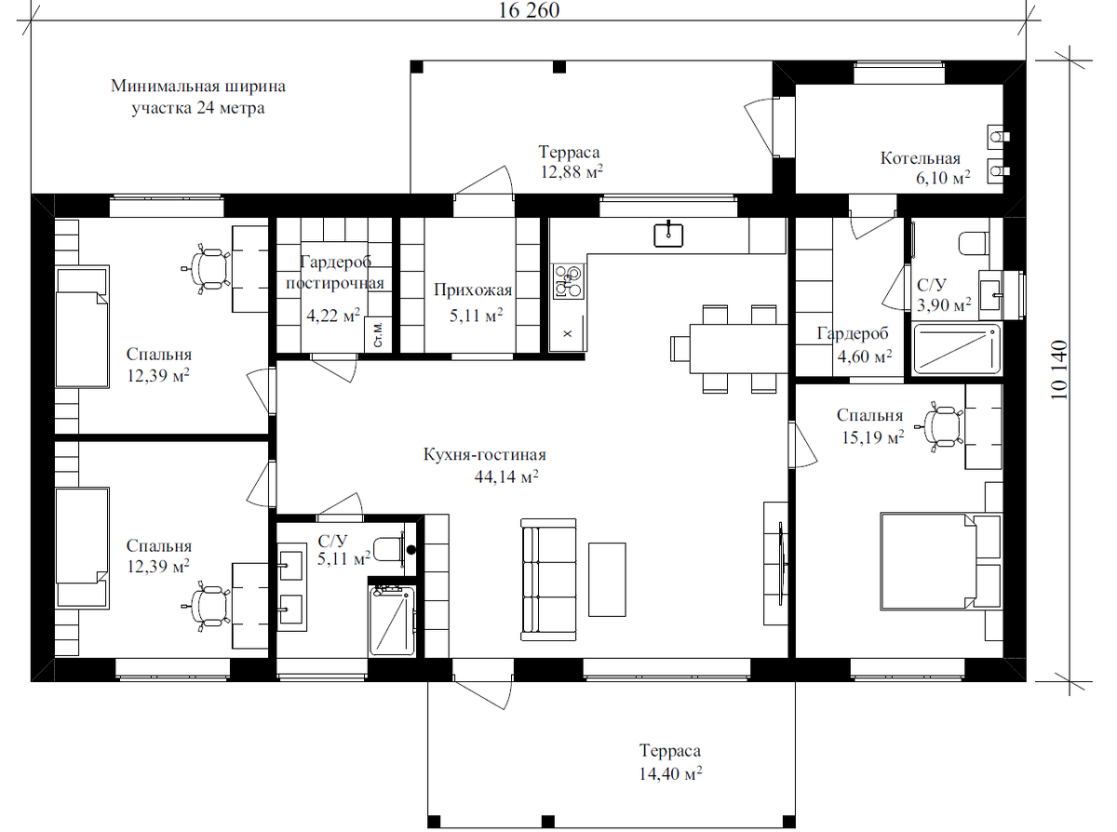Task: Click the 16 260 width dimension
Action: click(529, 10)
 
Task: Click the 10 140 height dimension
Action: click(1059, 370)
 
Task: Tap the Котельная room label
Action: click(920, 158)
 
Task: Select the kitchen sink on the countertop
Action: click(668, 235)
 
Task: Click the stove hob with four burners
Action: click(568, 281)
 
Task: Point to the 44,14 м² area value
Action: click(506, 476)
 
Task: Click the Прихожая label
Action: click(472, 289)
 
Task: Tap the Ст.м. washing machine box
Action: click(378, 335)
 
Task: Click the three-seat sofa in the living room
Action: click(548, 580)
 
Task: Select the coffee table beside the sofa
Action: click(607, 580)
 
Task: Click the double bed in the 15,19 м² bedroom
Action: click(928, 561)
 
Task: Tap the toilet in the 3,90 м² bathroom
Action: click(974, 244)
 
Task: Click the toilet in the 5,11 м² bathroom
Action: click(389, 549)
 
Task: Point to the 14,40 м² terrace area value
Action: click(670, 773)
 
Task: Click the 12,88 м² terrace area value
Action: click(572, 172)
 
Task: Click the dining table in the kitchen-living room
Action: click(738, 348)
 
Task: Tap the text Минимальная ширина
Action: click(198, 87)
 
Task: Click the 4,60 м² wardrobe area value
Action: click(865, 356)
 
